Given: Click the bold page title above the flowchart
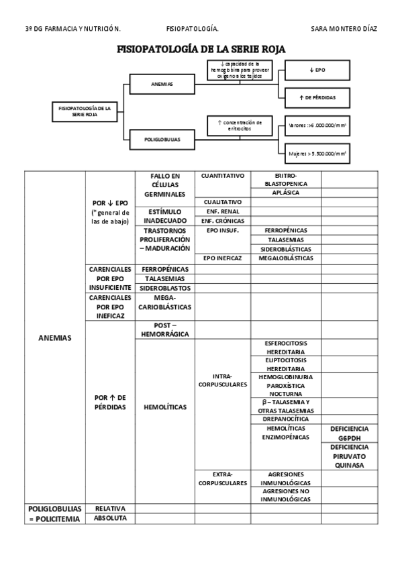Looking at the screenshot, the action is click(x=201, y=50).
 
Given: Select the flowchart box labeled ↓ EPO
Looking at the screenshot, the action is click(x=317, y=70).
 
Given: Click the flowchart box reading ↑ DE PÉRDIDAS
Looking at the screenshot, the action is click(x=317, y=98).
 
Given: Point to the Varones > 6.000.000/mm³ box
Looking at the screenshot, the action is click(x=317, y=125).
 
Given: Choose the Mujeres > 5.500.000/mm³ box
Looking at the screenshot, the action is click(x=317, y=153).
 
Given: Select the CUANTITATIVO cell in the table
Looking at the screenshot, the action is click(x=222, y=176).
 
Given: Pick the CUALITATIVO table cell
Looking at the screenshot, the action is click(x=222, y=201).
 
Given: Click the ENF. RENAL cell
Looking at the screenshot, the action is click(x=222, y=211).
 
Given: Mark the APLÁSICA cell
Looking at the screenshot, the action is click(x=285, y=193).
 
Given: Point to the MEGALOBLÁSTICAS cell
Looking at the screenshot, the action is click(x=285, y=258).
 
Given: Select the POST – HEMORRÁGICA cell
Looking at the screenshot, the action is click(x=164, y=329).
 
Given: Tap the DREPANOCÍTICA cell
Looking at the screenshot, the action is click(x=285, y=419).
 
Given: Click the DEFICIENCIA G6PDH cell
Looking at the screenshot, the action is click(x=350, y=433).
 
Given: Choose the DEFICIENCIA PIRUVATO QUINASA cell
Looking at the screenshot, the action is click(x=350, y=456).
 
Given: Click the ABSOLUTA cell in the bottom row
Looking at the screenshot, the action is click(x=110, y=518).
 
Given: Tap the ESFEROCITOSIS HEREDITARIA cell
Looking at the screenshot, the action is click(x=285, y=347).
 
